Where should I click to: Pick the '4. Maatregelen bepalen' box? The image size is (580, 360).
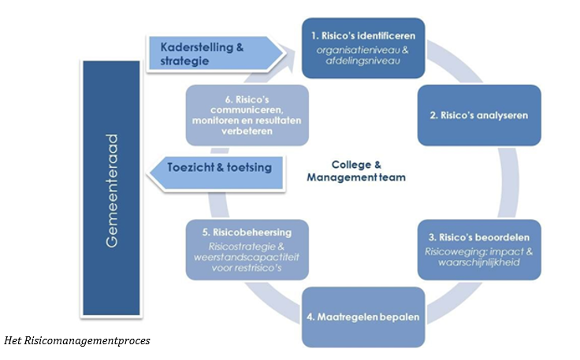(x=362, y=318)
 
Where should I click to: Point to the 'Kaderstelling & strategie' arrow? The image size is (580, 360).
(x=213, y=54)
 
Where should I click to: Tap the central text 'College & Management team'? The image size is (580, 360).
(x=356, y=171)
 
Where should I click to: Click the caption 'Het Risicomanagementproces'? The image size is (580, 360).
(x=76, y=340)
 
